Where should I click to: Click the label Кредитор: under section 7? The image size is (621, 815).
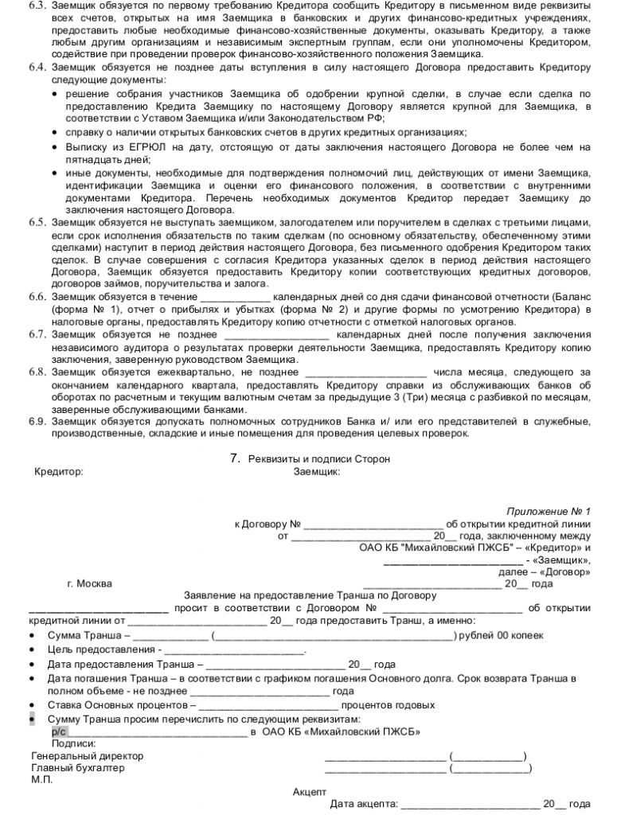coord(58,471)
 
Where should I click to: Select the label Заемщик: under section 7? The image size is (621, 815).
coord(318,471)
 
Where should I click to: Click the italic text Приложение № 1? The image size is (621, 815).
coord(549,511)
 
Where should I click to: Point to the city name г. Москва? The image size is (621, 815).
coord(89,583)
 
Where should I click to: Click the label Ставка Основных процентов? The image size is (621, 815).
coord(121,705)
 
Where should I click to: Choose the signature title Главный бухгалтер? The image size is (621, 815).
coord(78,768)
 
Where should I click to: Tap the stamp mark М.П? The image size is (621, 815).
coord(42,780)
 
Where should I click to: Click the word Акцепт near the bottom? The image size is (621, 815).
coord(310,792)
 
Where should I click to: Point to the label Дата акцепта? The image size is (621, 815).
coord(365,805)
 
